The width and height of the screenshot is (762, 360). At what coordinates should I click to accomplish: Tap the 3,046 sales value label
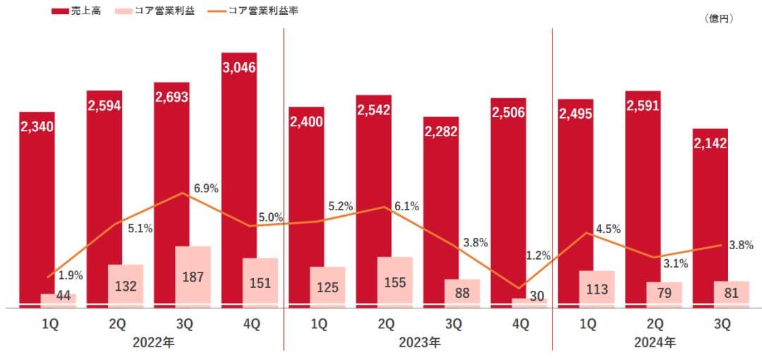(x=239, y=68)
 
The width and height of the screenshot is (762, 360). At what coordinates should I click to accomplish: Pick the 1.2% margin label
(x=538, y=256)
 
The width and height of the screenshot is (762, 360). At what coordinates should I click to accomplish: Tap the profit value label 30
(x=537, y=296)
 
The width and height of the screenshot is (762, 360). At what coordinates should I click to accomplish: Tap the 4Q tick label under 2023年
(x=520, y=325)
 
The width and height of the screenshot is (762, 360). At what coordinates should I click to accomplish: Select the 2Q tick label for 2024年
(x=654, y=325)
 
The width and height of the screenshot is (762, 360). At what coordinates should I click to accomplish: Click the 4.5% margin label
(x=607, y=229)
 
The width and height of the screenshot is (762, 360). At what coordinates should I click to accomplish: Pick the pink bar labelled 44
(x=59, y=299)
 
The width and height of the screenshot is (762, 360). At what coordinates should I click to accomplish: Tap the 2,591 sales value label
(x=643, y=106)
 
